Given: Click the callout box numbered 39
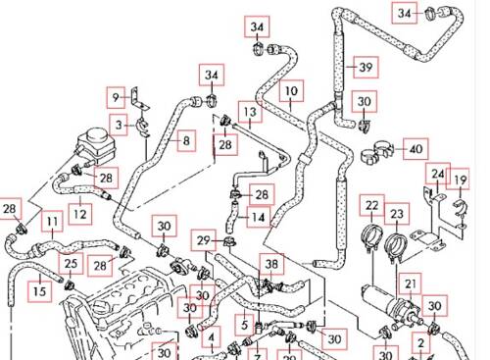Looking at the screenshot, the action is [x=366, y=68].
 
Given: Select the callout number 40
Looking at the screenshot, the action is [x=416, y=149].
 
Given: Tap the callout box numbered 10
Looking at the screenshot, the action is [x=291, y=91].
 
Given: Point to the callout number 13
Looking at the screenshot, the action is [x=250, y=112].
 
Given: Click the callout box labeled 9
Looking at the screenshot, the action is [x=116, y=97].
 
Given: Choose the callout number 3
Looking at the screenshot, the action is [x=119, y=125].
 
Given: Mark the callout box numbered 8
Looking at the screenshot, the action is [x=186, y=141].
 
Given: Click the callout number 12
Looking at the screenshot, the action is [x=80, y=215].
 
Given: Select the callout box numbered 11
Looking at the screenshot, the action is [x=52, y=222].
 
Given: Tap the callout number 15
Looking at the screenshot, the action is [x=40, y=291].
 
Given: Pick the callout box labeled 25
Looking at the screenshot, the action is [x=71, y=264].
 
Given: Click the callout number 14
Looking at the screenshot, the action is [x=259, y=217].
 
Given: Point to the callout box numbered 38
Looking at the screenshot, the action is [x=271, y=264].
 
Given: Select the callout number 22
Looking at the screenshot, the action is [x=372, y=205].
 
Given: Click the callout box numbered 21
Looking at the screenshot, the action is [x=411, y=284].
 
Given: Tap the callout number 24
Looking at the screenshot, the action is [x=438, y=174].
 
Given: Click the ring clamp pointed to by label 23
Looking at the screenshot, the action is [x=396, y=246].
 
